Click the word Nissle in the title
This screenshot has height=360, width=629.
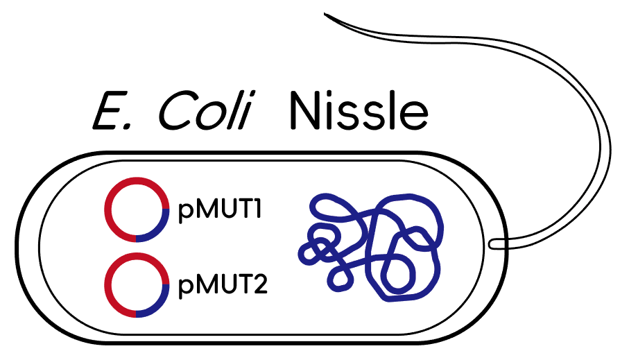(359, 110)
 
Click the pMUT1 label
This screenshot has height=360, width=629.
(220, 209)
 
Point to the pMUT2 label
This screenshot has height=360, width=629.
(223, 285)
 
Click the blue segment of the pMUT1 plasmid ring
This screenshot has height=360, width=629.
(158, 230)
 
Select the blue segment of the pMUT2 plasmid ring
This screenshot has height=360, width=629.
(158, 306)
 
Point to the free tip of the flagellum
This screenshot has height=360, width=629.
(325, 14)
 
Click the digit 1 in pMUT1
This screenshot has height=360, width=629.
(256, 209)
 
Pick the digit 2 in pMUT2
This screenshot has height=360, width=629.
(260, 284)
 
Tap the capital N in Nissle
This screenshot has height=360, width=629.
(306, 110)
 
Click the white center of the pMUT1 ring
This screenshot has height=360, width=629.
(137, 209)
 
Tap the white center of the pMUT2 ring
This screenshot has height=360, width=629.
(137, 285)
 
